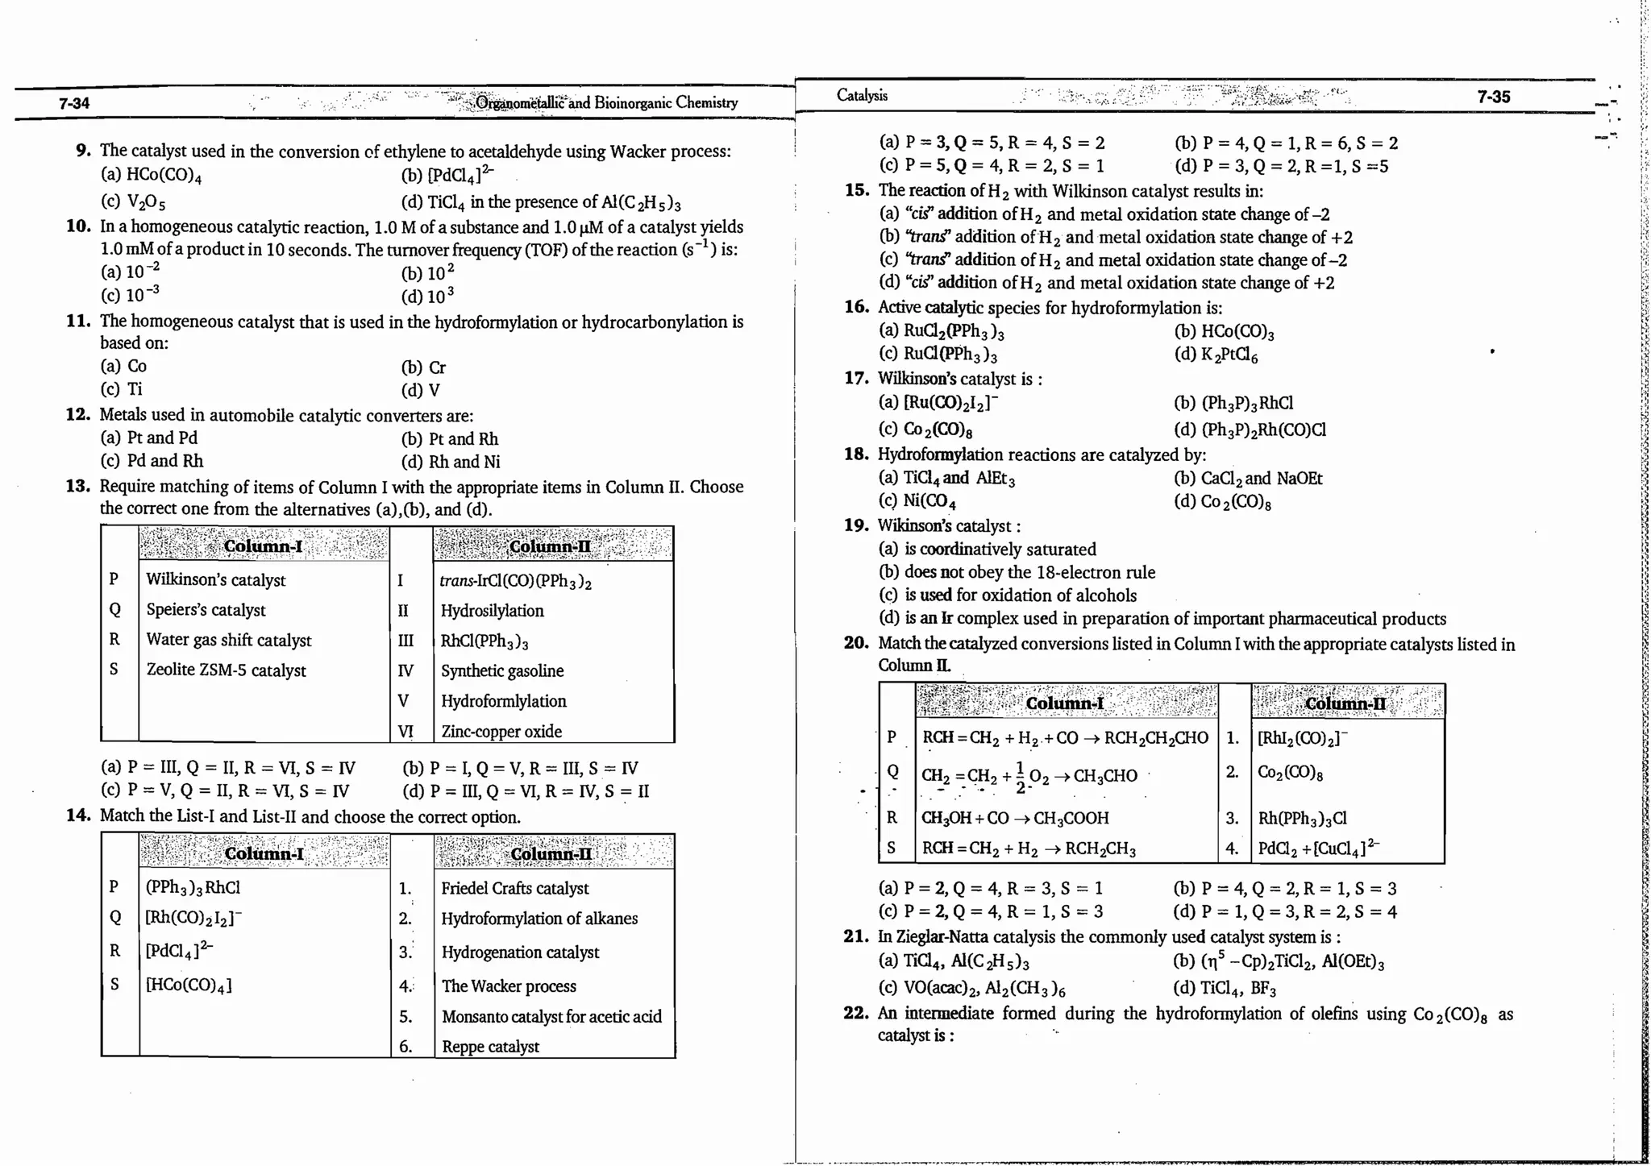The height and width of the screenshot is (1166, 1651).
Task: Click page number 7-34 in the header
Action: point(73,103)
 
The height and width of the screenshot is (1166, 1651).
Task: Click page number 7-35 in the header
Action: point(1493,97)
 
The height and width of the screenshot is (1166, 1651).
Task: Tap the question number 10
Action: point(78,226)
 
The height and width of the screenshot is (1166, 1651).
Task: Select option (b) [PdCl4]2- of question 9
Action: point(447,175)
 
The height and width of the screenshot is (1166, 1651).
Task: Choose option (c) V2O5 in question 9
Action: point(134,201)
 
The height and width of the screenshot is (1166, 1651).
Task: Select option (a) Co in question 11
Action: point(124,367)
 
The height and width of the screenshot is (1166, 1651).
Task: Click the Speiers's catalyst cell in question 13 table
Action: point(206,610)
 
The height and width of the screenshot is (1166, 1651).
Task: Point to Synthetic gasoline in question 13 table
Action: point(501,670)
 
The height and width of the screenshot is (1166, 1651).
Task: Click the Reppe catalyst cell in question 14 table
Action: point(490,1047)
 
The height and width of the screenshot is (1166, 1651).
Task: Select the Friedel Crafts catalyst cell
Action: point(514,888)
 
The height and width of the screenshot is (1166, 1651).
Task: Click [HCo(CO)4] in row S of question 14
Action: point(188,985)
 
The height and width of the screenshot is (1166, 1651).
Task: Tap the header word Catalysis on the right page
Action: point(862,95)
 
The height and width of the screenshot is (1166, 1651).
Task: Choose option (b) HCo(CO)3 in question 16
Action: point(1225,331)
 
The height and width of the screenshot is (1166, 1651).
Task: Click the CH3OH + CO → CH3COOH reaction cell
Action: point(1015,818)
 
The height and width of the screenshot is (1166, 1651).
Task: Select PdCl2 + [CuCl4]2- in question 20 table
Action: point(1318,848)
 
